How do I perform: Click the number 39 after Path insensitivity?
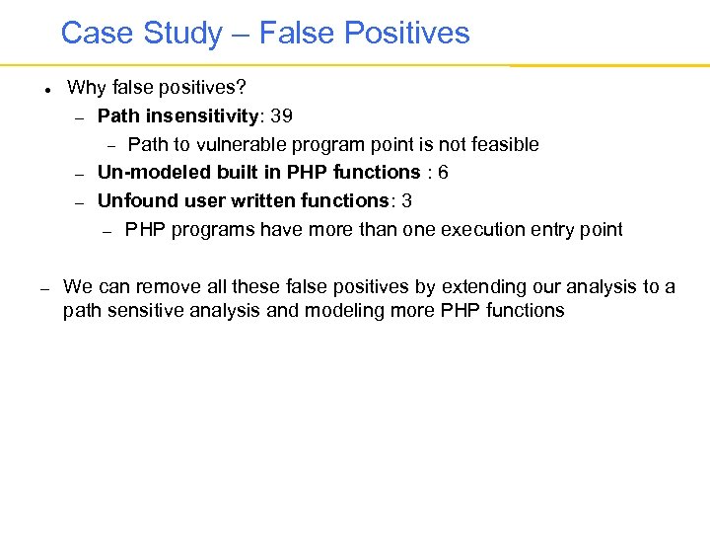pyautogui.click(x=281, y=116)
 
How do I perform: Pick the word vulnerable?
pyautogui.click(x=249, y=145)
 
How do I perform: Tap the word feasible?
pyautogui.click(x=506, y=145)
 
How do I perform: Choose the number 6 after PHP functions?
pyautogui.click(x=443, y=173)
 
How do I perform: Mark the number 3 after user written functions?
pyautogui.click(x=407, y=201)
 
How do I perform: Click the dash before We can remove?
pyautogui.click(x=44, y=288)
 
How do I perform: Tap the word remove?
pyautogui.click(x=165, y=287)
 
